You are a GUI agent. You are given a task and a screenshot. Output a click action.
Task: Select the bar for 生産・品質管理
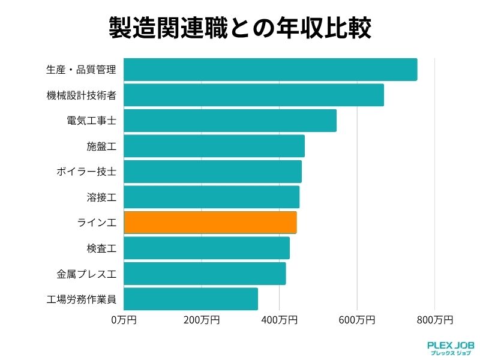(x=270, y=70)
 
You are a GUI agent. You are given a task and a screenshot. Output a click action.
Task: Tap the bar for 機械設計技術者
(x=253, y=95)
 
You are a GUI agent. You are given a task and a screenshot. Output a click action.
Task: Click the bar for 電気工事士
(x=230, y=121)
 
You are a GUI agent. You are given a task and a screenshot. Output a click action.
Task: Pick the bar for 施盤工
(x=214, y=146)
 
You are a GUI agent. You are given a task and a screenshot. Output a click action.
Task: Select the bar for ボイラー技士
(x=212, y=172)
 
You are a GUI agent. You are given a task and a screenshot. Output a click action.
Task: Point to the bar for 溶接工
(x=211, y=197)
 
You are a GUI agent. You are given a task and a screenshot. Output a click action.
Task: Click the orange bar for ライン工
(x=210, y=222)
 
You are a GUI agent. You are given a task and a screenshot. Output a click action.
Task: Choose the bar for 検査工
(x=206, y=248)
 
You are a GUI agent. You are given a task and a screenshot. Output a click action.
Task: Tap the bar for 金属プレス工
(x=205, y=273)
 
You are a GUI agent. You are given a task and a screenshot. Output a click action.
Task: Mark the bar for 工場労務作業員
(x=191, y=299)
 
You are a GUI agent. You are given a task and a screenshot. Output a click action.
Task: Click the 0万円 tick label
(x=124, y=320)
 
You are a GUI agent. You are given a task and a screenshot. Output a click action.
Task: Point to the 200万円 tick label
(x=201, y=320)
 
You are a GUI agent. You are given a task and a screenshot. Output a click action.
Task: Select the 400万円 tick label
(x=279, y=320)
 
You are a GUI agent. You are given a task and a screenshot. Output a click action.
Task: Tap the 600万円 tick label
(x=356, y=320)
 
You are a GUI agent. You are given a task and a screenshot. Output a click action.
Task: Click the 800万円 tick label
(x=434, y=320)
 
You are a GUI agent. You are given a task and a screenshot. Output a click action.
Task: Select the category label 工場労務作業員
(x=81, y=299)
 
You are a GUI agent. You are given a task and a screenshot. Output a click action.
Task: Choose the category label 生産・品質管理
(x=81, y=70)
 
